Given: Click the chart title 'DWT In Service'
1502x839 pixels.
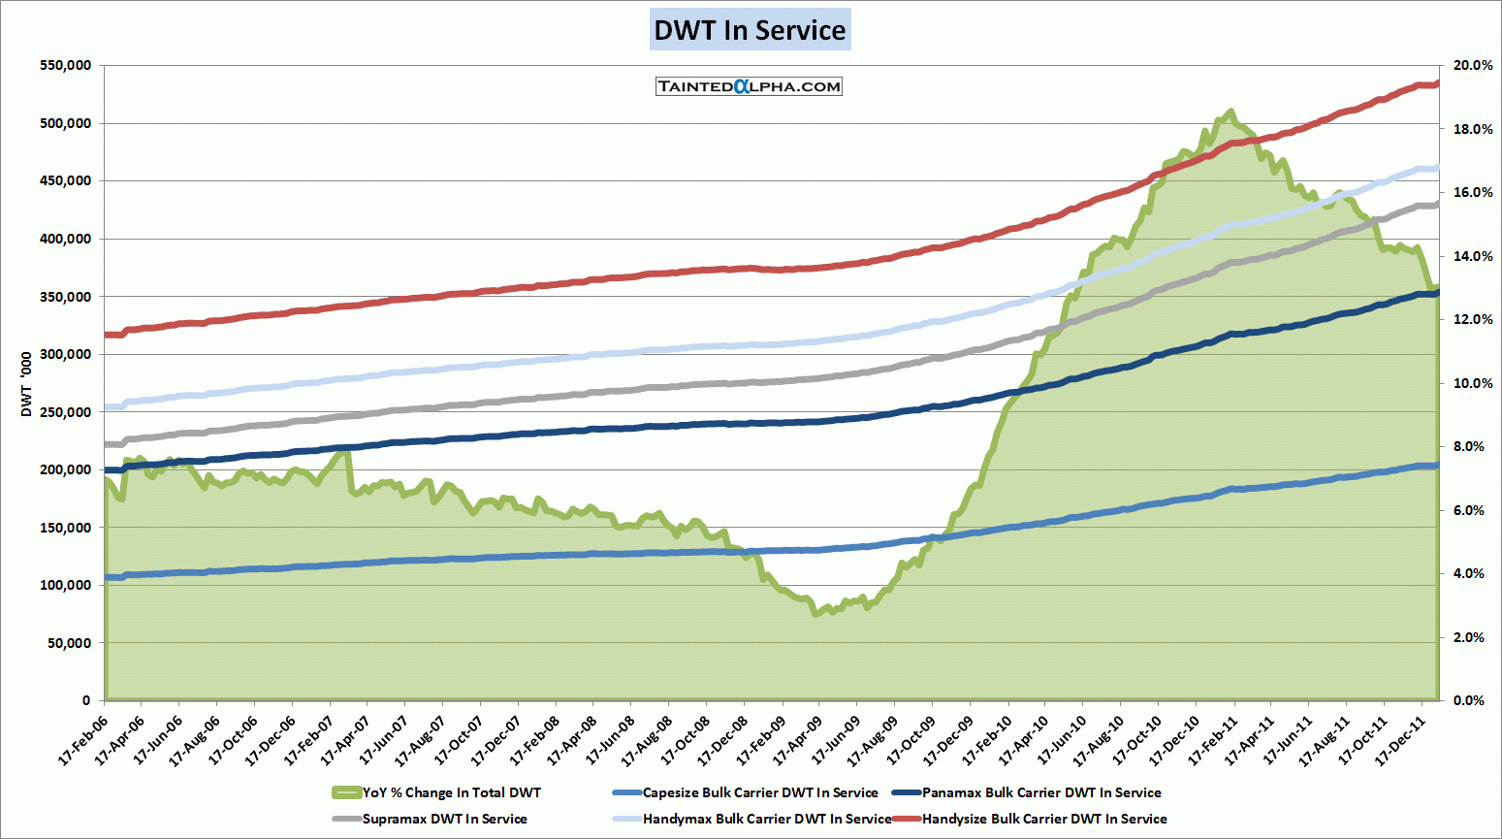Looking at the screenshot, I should pos(750,30).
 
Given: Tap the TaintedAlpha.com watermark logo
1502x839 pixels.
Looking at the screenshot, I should pos(749,86).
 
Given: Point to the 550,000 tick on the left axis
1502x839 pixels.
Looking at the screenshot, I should pos(66,66).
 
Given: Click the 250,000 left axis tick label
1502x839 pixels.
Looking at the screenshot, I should pos(66,412).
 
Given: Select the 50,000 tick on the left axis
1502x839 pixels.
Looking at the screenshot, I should pos(70,643).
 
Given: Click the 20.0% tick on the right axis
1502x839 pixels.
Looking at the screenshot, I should pos(1473,66).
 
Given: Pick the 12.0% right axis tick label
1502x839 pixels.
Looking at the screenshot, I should pos(1473,320).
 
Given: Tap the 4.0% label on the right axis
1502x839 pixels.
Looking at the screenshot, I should pos(1470,574).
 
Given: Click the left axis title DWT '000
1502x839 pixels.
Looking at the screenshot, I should pos(26,384).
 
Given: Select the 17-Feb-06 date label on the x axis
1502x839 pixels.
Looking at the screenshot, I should pos(85,743).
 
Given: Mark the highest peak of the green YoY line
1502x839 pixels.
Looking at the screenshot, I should pos(1230,113).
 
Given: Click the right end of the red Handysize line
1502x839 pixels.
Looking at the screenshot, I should pos(1437,83).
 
